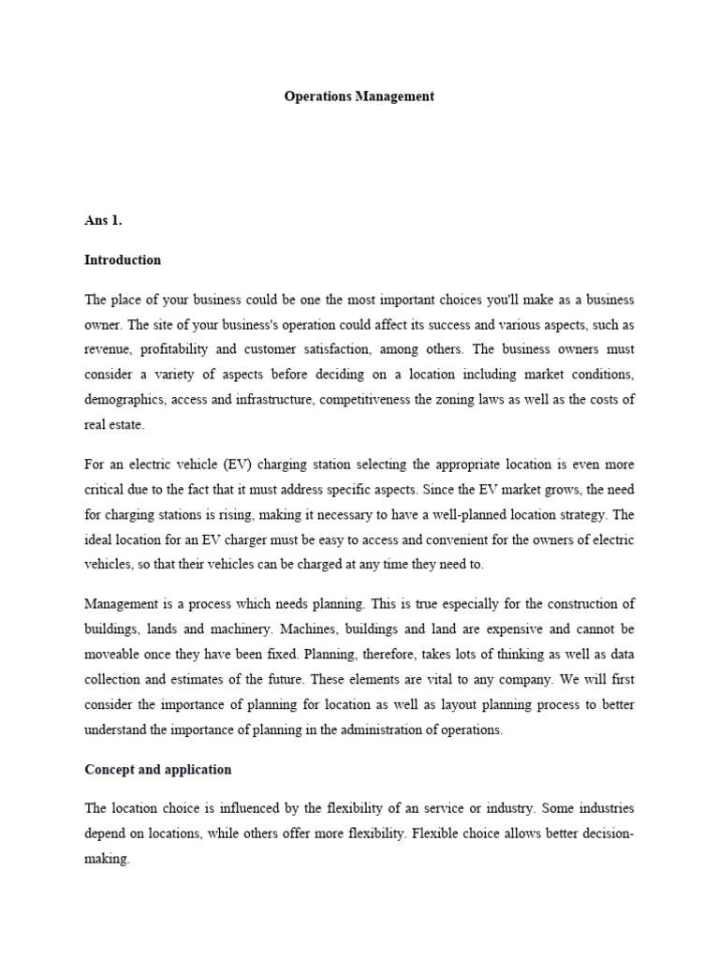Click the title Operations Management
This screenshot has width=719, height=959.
[x=359, y=96]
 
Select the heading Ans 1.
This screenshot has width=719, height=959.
[x=104, y=220]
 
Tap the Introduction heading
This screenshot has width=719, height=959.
[x=123, y=260]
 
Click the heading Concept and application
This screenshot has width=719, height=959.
[x=157, y=769]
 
